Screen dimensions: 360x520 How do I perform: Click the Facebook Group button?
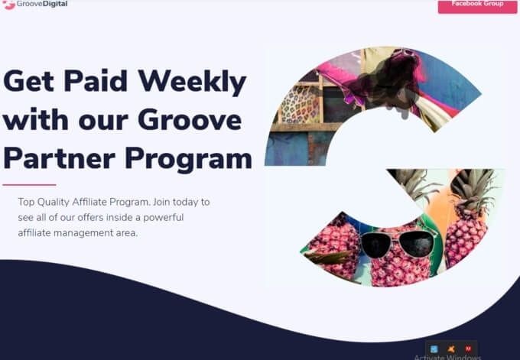click(x=477, y=5)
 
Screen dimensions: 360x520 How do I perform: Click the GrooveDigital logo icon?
click(x=9, y=5)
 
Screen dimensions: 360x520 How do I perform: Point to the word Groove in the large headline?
click(x=189, y=120)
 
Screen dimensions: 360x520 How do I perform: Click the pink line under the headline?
click(x=29, y=184)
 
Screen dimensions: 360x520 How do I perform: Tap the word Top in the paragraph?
click(x=27, y=202)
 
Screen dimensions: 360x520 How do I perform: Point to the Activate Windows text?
click(x=447, y=356)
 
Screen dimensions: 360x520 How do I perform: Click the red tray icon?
click(x=468, y=349)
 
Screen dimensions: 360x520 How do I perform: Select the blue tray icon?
click(x=434, y=349)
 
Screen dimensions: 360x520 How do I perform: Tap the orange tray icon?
click(x=451, y=349)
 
